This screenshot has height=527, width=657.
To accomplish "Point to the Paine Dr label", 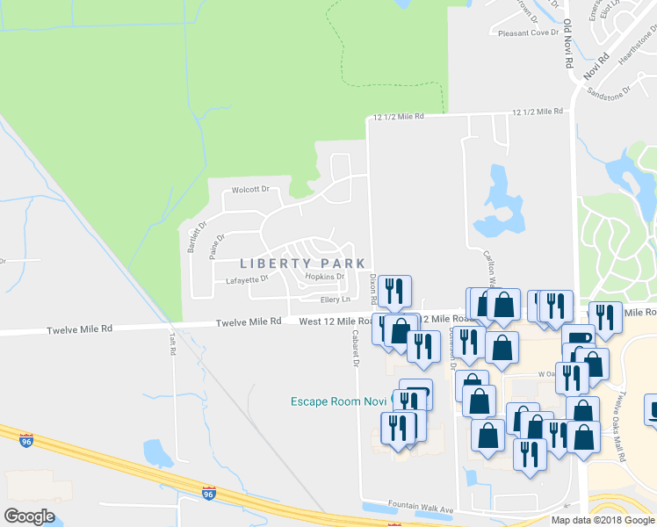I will click(x=217, y=245).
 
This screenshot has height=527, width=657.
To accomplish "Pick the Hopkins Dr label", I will click(x=324, y=277).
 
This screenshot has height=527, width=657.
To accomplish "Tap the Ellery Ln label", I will click(x=335, y=300).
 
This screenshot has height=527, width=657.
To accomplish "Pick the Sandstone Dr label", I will click(x=609, y=90).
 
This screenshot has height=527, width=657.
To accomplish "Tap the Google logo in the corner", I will click(x=29, y=516).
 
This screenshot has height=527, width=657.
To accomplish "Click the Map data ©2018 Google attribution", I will click(x=603, y=520).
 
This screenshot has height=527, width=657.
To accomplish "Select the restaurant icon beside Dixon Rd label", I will click(x=393, y=292).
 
